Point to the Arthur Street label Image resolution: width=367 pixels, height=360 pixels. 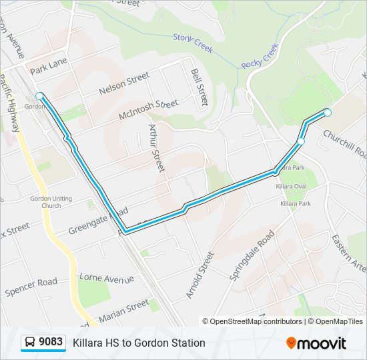(x=156, y=147)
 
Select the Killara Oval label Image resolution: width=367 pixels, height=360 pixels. (x=292, y=187)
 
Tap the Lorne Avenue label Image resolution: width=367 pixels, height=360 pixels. (x=107, y=277)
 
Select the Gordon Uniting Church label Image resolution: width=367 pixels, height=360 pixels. (x=45, y=201)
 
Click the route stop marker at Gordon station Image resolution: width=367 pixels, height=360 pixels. (x=40, y=96)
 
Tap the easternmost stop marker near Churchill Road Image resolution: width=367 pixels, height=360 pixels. (x=327, y=113)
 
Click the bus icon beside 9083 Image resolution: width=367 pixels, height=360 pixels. (x=30, y=343)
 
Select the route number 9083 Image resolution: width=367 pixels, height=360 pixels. (x=51, y=343)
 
